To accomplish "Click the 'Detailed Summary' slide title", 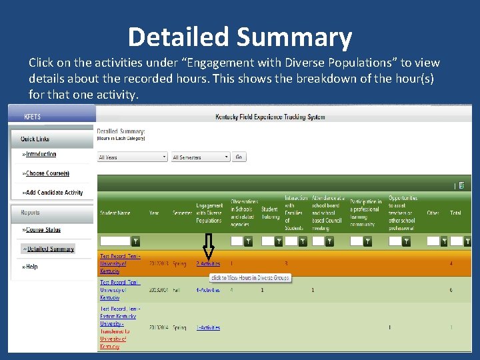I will pyautogui.click(x=239, y=37).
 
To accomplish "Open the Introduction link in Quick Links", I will pyautogui.click(x=41, y=154).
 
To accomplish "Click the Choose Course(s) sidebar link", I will pyautogui.click(x=47, y=173).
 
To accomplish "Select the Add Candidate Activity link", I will pyautogui.click(x=54, y=193).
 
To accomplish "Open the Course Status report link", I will pyautogui.click(x=43, y=230).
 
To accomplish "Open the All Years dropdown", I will pyautogui.click(x=132, y=157).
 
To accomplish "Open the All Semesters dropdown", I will pyautogui.click(x=200, y=157).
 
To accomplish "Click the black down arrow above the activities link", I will pyautogui.click(x=208, y=247).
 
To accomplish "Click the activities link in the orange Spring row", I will pyautogui.click(x=208, y=264).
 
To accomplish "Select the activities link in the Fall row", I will pyautogui.click(x=208, y=290).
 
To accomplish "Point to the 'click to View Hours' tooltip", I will pyautogui.click(x=250, y=277).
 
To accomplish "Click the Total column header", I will pyautogui.click(x=455, y=213).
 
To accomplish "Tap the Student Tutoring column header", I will pyautogui.click(x=269, y=213).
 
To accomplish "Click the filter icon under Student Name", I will pyautogui.click(x=135, y=241).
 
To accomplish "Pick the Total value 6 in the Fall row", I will pyautogui.click(x=451, y=290).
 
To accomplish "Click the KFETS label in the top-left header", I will pyautogui.click(x=32, y=117).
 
